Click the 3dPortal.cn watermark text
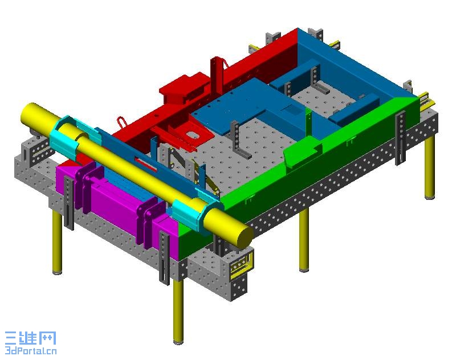click(31, 351)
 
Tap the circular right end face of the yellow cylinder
click(245, 235)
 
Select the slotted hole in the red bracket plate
click(191, 134)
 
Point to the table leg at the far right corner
click(430, 167)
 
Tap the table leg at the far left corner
click(57, 243)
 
